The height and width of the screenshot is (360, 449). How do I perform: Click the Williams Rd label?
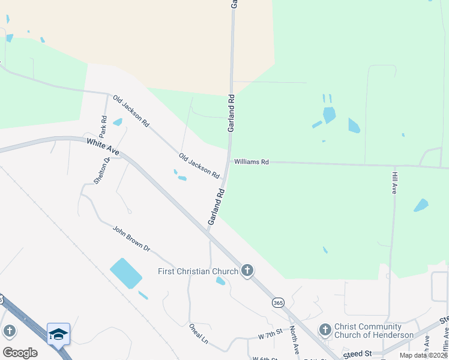click(252, 162)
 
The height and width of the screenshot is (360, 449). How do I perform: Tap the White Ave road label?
click(103, 148)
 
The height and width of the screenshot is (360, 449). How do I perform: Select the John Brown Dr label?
click(131, 238)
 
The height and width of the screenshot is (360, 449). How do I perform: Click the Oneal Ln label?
click(198, 335)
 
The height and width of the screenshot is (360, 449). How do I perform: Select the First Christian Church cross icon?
click(247, 271)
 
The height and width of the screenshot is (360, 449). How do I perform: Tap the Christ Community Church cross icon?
click(325, 329)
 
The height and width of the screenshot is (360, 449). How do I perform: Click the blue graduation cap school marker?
click(58, 334)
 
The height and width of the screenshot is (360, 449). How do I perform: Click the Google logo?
click(20, 352)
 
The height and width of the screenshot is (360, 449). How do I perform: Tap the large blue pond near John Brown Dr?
click(126, 273)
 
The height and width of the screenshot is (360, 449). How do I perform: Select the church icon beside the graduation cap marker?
click(9, 331)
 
